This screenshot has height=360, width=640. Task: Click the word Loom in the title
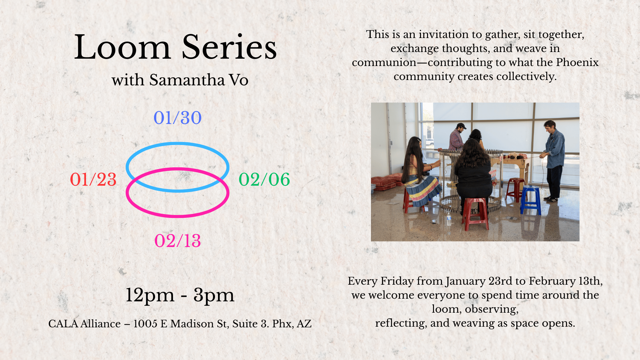(x=122, y=47)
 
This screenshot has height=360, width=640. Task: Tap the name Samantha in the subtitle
(x=187, y=80)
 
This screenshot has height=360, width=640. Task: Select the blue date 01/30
(x=177, y=118)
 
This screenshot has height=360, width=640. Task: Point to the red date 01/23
(x=93, y=179)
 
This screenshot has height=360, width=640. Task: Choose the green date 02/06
(x=264, y=179)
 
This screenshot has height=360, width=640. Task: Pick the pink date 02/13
(x=177, y=241)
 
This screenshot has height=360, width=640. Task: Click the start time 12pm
(x=150, y=295)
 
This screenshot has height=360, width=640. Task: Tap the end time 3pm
(x=214, y=295)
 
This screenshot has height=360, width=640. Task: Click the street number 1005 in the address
(x=145, y=324)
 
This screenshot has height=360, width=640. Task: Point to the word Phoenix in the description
(x=577, y=62)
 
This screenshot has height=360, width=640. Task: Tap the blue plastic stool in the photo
(x=530, y=199)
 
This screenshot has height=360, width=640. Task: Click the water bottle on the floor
(x=449, y=219)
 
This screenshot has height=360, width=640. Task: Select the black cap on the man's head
(x=461, y=126)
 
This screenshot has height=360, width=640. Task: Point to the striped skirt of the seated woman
(x=423, y=191)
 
